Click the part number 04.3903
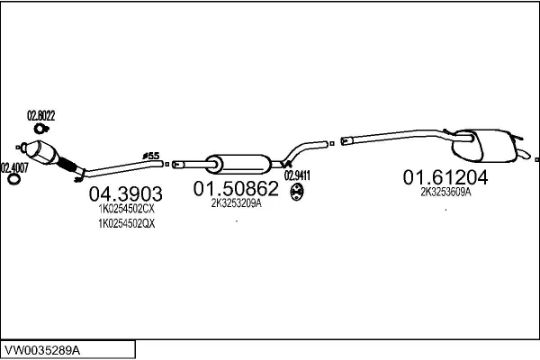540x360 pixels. pos(125,193)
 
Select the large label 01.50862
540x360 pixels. pos(237,189)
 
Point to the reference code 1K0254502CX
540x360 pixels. pos(126,209)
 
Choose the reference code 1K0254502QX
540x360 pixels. pos(126,224)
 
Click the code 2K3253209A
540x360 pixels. pos(236,204)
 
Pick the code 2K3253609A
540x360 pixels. pos(445,192)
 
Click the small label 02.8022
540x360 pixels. pos(41,115)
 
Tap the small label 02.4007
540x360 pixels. pos(14,167)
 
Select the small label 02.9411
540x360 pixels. pos(297,175)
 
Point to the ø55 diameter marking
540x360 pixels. pos(152,156)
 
